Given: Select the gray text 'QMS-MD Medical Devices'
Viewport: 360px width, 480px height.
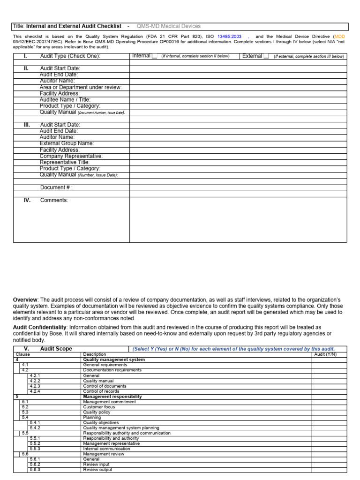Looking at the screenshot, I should coord(168,26).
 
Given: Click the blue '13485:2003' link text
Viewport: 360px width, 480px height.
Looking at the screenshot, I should coord(229,37).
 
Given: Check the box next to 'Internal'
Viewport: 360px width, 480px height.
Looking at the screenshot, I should coord(154,56).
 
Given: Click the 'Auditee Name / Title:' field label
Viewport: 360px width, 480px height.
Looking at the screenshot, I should coord(65,100).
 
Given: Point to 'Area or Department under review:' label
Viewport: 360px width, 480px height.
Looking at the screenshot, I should coord(81,87).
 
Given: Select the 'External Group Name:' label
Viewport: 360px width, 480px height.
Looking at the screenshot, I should coord(67,143).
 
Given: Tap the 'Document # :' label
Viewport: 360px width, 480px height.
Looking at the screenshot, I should coord(56,187).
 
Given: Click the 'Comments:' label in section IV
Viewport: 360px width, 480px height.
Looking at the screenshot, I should coord(54,200).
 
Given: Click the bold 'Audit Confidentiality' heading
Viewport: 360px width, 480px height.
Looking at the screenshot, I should coord(39,327).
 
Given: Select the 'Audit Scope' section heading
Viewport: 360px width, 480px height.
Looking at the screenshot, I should coord(56,349).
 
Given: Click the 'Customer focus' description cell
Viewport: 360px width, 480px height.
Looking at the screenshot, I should coord(99,407).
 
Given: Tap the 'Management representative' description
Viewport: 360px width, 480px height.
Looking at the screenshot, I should coord(111,443).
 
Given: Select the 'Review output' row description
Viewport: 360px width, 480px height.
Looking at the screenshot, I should coord(97,470).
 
